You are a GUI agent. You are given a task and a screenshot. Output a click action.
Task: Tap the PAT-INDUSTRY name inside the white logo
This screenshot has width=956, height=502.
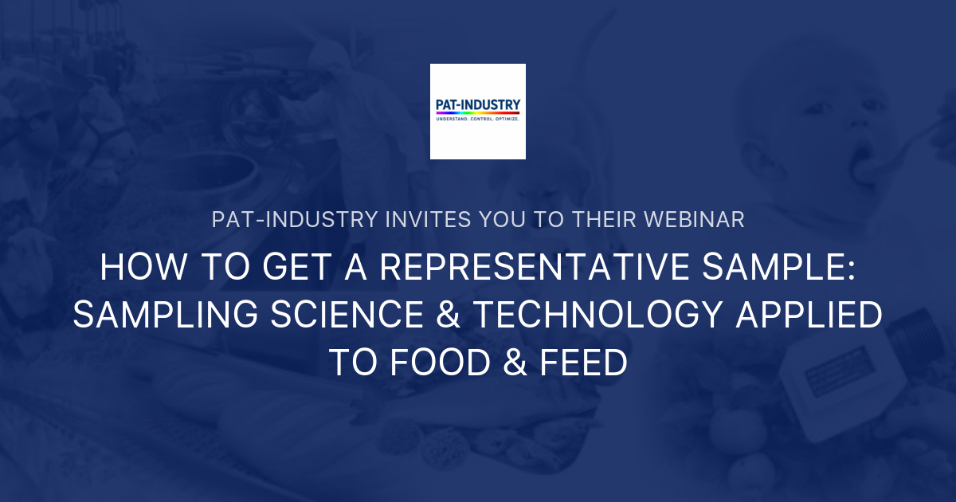(x=478, y=104)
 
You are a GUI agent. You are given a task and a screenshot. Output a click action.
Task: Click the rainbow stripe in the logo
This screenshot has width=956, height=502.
(x=478, y=113)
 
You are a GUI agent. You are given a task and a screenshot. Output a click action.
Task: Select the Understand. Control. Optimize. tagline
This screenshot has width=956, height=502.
(x=478, y=119)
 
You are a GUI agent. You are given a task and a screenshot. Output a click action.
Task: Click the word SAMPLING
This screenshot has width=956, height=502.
(x=165, y=316)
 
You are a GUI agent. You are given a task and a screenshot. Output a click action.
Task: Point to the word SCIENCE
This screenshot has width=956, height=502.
(x=345, y=316)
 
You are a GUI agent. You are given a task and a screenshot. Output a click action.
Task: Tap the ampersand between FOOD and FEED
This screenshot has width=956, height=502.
(x=503, y=363)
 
